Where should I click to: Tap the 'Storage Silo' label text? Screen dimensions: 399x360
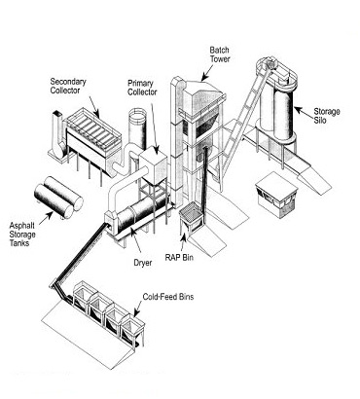click(x=328, y=117)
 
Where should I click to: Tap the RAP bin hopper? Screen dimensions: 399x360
click(x=198, y=223)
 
